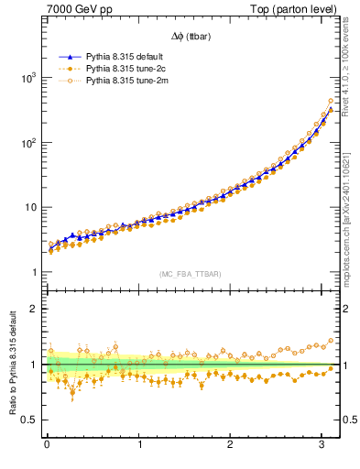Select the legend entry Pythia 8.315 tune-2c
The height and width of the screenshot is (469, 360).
124,69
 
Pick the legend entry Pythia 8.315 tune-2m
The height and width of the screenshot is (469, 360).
124,81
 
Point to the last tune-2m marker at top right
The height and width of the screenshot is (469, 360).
331,101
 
